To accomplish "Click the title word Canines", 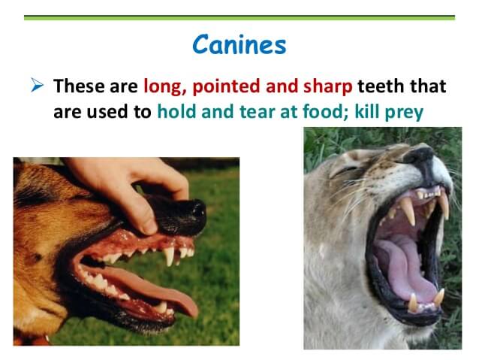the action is click(239, 44).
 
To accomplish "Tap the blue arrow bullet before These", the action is click(37, 85).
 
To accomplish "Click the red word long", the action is click(164, 86).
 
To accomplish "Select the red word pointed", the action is click(226, 86).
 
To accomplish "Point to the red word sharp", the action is click(328, 86).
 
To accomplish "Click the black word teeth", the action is click(381, 86).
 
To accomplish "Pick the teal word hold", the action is click(176, 111).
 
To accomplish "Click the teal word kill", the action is click(366, 111).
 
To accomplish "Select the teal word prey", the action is click(404, 113).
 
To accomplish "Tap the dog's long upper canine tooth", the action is click(169, 256).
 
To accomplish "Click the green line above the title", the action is click(239, 18).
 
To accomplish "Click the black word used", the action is click(107, 112).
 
